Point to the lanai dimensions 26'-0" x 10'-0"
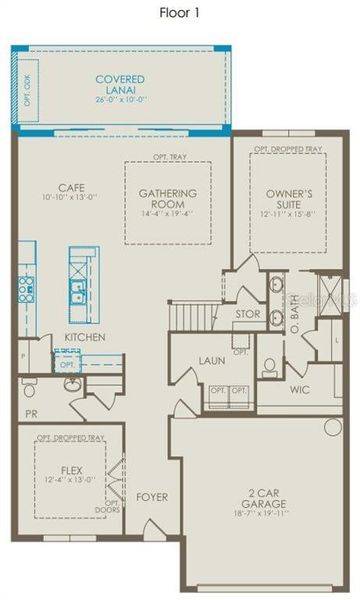119,98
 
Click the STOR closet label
247,313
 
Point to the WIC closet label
302,389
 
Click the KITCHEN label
85,337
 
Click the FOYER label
152,496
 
